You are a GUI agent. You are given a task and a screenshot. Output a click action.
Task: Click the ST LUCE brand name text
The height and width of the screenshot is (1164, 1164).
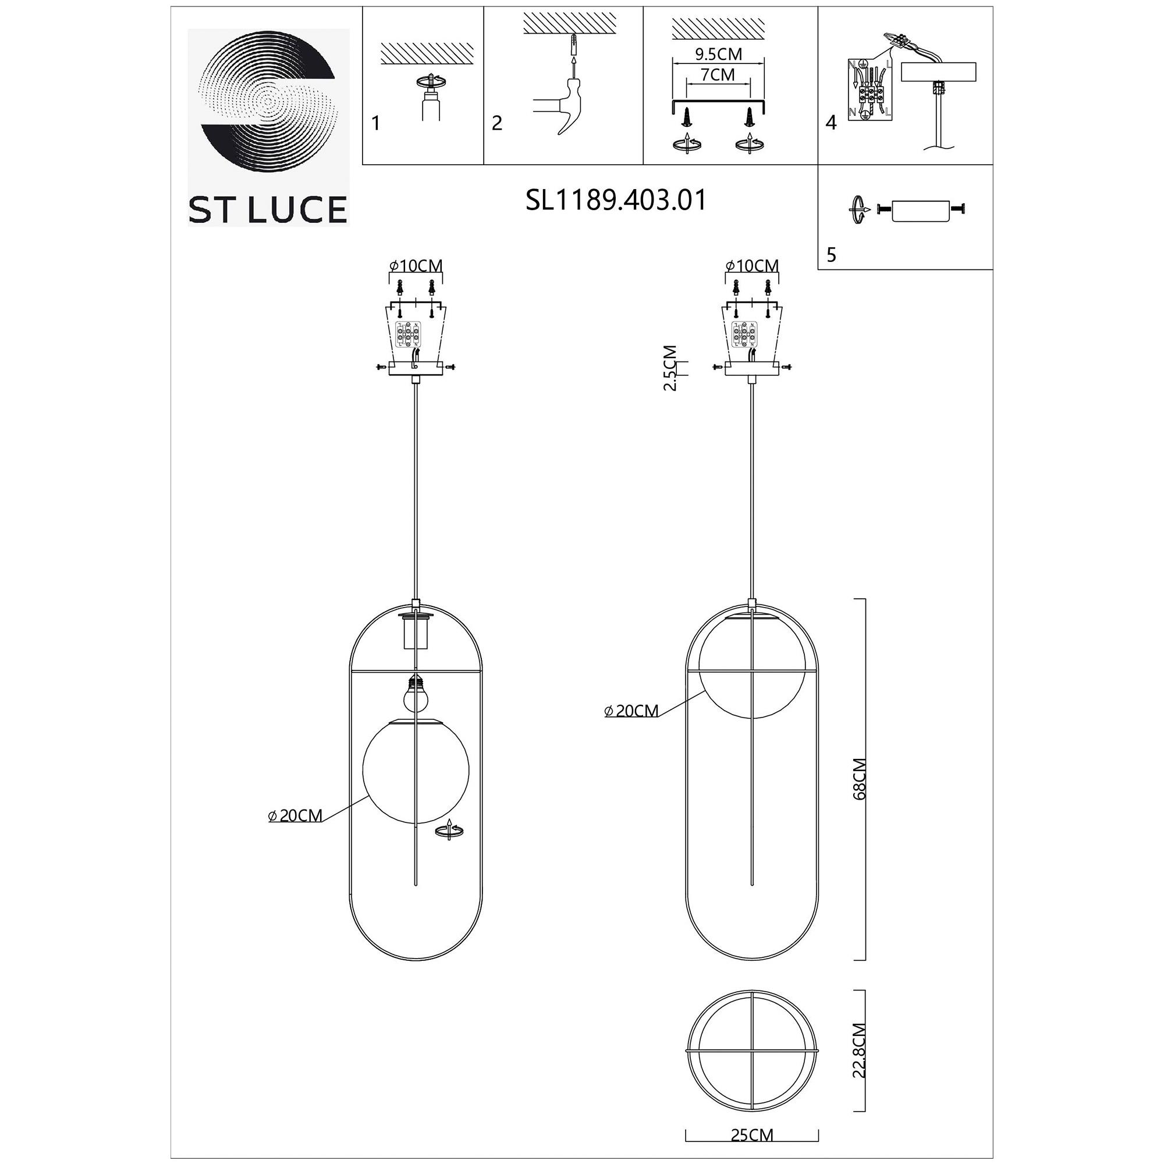268,209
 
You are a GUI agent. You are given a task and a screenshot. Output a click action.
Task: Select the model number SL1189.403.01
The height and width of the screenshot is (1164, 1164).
616,200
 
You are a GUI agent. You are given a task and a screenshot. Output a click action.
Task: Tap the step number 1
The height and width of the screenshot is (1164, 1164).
376,123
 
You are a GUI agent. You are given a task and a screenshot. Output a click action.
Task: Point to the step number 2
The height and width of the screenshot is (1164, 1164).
496,123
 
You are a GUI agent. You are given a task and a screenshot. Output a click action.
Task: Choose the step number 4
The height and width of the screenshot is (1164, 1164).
832,123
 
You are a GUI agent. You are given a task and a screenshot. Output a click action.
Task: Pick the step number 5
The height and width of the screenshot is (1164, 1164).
832,255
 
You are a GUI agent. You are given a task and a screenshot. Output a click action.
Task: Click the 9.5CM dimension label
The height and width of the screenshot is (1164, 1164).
718,54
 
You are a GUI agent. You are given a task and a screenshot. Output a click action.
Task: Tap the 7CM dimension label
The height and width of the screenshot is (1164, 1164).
718,74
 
